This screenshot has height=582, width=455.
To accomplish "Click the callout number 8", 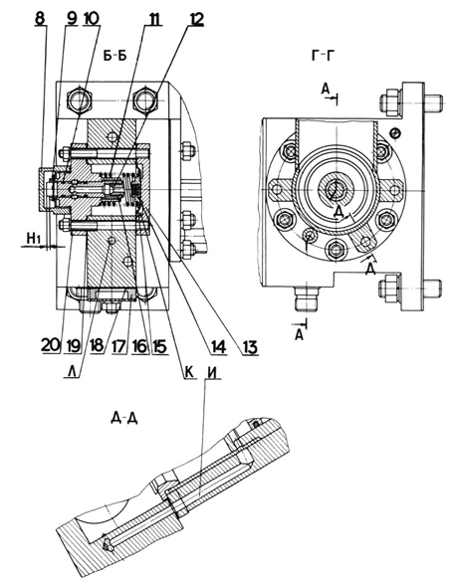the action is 41,19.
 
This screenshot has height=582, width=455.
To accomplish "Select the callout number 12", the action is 196,19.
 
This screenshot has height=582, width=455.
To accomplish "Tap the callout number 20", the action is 51,346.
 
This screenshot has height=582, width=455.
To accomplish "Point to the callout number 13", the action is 250,348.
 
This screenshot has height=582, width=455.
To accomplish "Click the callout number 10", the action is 92,19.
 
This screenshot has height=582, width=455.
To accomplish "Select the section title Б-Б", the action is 115,56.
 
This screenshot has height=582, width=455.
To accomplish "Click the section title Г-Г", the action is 323,57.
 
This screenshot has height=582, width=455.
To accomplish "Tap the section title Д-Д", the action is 124,418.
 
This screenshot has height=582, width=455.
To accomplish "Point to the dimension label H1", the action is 34,239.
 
